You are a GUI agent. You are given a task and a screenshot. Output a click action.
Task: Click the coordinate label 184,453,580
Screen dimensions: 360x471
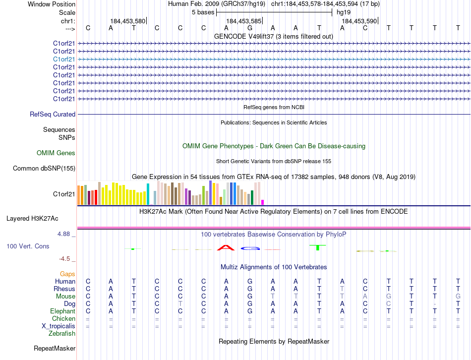pyautogui.click(x=128, y=21)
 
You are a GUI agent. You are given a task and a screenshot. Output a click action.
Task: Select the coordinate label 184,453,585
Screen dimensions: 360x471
pyautogui.click(x=243, y=21)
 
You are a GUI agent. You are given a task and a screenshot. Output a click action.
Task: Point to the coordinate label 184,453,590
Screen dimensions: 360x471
pyautogui.click(x=359, y=21)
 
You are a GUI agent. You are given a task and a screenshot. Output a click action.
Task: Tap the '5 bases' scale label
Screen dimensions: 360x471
pyautogui.click(x=202, y=12)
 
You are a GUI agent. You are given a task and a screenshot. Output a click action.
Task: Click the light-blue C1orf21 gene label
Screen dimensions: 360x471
pyautogui.click(x=64, y=59)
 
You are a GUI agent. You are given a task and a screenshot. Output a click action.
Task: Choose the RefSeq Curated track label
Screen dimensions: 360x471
pyautogui.click(x=53, y=115)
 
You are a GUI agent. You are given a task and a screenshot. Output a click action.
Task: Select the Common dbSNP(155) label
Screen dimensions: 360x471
pyautogui.click(x=44, y=169)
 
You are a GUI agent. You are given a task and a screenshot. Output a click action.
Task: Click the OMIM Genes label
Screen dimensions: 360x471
pyautogui.click(x=56, y=153)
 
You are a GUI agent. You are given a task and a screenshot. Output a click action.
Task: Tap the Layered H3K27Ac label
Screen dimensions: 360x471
pyautogui.click(x=32, y=218)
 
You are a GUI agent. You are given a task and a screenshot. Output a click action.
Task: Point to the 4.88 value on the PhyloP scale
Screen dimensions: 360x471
pyautogui.click(x=65, y=234)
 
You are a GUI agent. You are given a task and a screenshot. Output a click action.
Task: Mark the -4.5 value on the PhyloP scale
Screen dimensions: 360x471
pyautogui.click(x=67, y=259)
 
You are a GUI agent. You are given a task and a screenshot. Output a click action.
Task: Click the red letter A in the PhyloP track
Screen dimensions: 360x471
pyautogui.click(x=226, y=247)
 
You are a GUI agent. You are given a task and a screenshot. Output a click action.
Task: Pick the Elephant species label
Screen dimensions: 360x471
pyautogui.click(x=63, y=311)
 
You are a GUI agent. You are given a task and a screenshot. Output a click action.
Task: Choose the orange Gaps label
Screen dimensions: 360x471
pyautogui.click(x=67, y=274)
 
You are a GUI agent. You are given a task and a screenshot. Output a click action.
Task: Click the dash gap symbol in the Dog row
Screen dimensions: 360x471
pyautogui.click(x=434, y=303)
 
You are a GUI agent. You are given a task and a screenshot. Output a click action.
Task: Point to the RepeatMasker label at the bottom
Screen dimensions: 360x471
pyautogui.click(x=55, y=349)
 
